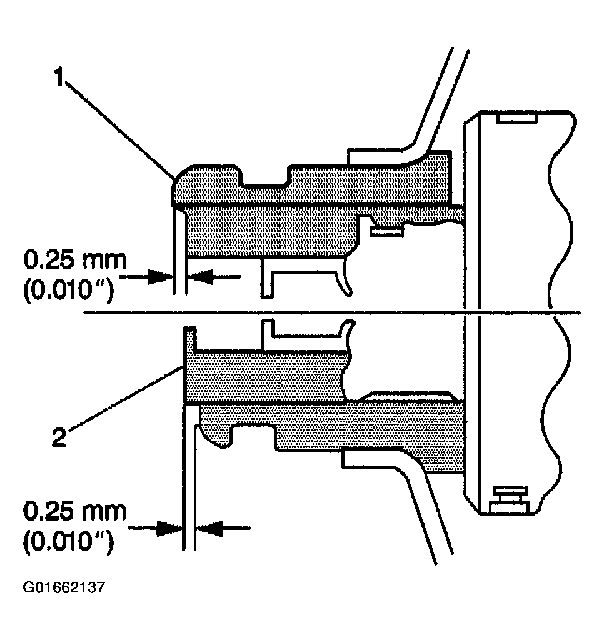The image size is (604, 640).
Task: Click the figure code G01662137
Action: pos(64,588)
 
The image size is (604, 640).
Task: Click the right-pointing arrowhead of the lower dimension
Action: pos(171,529)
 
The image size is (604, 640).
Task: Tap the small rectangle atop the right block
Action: pos(516,117)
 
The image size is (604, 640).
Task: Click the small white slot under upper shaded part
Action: pos(385,232)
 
